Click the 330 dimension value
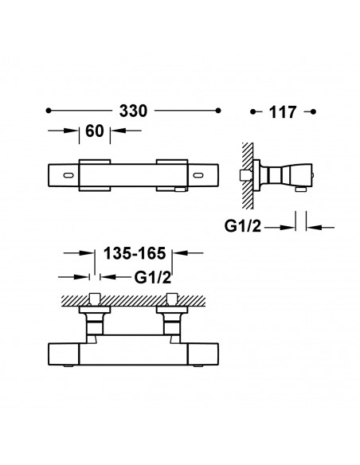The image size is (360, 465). (133, 111)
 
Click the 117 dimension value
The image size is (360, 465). (283, 112)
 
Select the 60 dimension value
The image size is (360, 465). (95, 131)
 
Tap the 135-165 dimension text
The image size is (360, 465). (135, 253)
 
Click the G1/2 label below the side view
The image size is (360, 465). (243, 226)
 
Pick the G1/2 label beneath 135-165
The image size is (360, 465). (153, 278)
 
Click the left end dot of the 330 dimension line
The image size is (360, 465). (49, 111)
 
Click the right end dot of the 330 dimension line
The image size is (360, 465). (218, 111)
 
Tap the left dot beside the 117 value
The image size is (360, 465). (253, 111)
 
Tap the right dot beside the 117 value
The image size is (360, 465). (313, 111)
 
